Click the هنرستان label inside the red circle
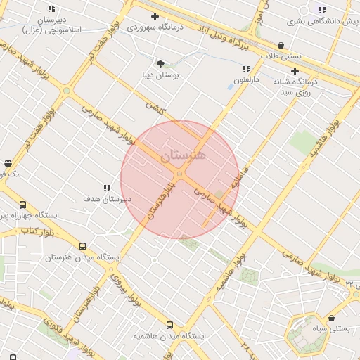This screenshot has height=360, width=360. tap(184, 155)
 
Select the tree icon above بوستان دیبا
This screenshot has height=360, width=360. tap(161, 63)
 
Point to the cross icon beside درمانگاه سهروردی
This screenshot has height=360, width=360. tap(155, 16)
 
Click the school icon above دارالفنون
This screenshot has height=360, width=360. tap(246, 69)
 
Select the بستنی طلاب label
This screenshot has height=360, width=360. tap(281, 56)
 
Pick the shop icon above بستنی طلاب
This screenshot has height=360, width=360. tap(281, 46)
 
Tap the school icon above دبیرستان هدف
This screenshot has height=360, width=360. tap(107, 188)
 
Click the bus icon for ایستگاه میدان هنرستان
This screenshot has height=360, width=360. tap(83, 247)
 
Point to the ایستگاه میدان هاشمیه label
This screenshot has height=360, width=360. tap(170, 336)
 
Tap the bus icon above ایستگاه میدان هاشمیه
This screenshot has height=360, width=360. tap(169, 325)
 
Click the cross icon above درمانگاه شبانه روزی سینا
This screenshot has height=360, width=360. tap(295, 71)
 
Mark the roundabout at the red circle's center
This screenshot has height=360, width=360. tap(180, 174)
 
